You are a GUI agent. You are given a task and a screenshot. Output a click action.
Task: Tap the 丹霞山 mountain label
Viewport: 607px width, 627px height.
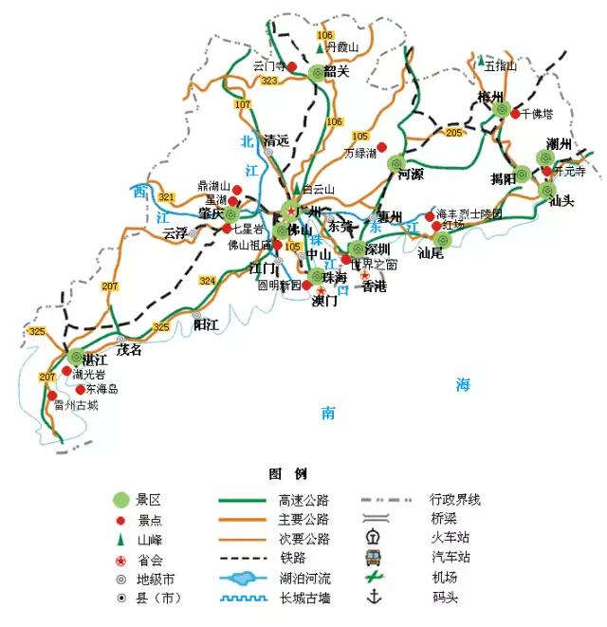click(343, 46)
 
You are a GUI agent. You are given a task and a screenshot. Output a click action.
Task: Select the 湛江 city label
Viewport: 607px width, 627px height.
click(95, 359)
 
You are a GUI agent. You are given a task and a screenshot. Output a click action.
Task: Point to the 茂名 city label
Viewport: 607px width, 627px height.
click(128, 349)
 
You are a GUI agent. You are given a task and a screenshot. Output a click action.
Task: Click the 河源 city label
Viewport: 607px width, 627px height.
click(410, 175)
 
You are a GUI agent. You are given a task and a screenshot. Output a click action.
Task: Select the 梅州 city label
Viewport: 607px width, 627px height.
click(490, 97)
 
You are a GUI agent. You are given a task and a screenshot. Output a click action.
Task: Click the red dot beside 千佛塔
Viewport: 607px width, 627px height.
click(515, 114)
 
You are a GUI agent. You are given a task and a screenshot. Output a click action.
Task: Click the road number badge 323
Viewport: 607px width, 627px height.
click(269, 82)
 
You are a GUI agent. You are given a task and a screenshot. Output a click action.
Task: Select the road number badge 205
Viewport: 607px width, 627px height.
click(453, 133)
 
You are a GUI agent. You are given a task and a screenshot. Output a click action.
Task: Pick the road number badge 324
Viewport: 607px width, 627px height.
click(208, 281)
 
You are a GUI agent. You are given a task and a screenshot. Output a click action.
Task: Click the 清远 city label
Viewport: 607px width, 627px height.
click(276, 138)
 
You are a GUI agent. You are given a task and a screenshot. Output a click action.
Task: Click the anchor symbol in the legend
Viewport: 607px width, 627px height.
click(374, 598)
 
